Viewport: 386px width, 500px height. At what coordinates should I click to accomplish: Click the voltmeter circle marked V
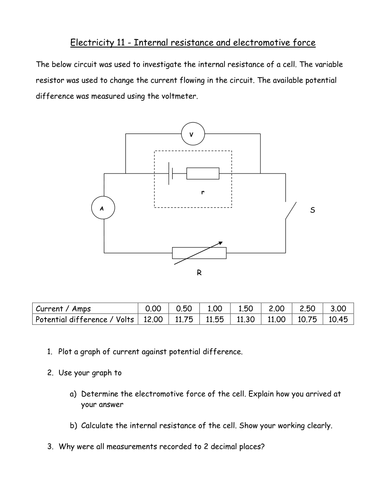point(196,132)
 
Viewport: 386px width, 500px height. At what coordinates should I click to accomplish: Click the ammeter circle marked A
point(99,207)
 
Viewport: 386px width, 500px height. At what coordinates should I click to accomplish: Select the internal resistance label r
point(202,189)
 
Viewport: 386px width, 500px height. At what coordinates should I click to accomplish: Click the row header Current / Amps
point(65,308)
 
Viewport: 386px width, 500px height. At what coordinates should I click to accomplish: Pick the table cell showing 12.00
point(152,320)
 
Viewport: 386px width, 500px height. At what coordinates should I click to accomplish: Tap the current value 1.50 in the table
point(246,308)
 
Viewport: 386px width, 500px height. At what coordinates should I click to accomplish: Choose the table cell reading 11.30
point(246,320)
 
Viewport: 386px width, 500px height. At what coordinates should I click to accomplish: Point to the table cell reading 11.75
point(183,320)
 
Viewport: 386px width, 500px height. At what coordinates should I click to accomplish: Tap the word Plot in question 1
point(70,353)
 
